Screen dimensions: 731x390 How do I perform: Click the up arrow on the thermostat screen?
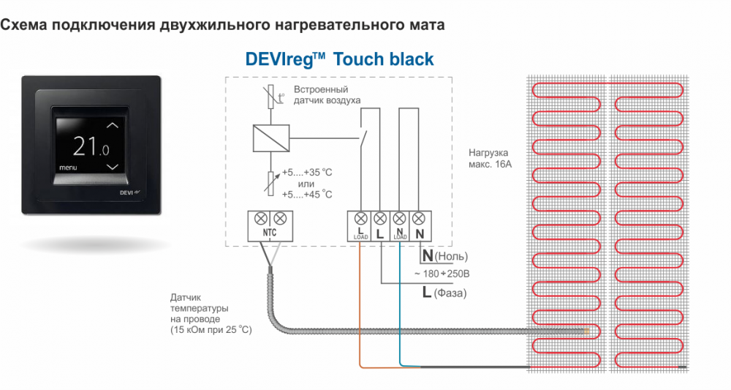[113, 126]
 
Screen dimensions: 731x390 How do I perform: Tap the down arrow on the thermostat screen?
[113, 167]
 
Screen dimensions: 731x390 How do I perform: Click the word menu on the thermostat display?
[68, 168]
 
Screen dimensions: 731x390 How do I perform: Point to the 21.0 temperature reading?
[91, 146]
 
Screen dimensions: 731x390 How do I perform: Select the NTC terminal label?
[270, 233]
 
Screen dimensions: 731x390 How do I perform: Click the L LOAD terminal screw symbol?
[360, 218]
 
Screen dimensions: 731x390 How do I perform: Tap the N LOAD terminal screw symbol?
[400, 218]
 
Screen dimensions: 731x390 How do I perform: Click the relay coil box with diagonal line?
[271, 138]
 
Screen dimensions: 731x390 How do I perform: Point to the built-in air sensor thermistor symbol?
[271, 97]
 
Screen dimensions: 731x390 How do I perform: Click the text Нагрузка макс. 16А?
[490, 158]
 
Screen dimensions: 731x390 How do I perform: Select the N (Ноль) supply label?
[444, 255]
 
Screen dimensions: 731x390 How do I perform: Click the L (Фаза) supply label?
[444, 293]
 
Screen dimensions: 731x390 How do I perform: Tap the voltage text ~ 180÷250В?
[442, 274]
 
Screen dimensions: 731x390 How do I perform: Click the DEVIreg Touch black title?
[339, 59]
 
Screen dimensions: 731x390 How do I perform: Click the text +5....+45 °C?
[307, 194]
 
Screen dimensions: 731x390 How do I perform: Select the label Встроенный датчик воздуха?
[327, 94]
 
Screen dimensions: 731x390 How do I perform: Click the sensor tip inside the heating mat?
[586, 331]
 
